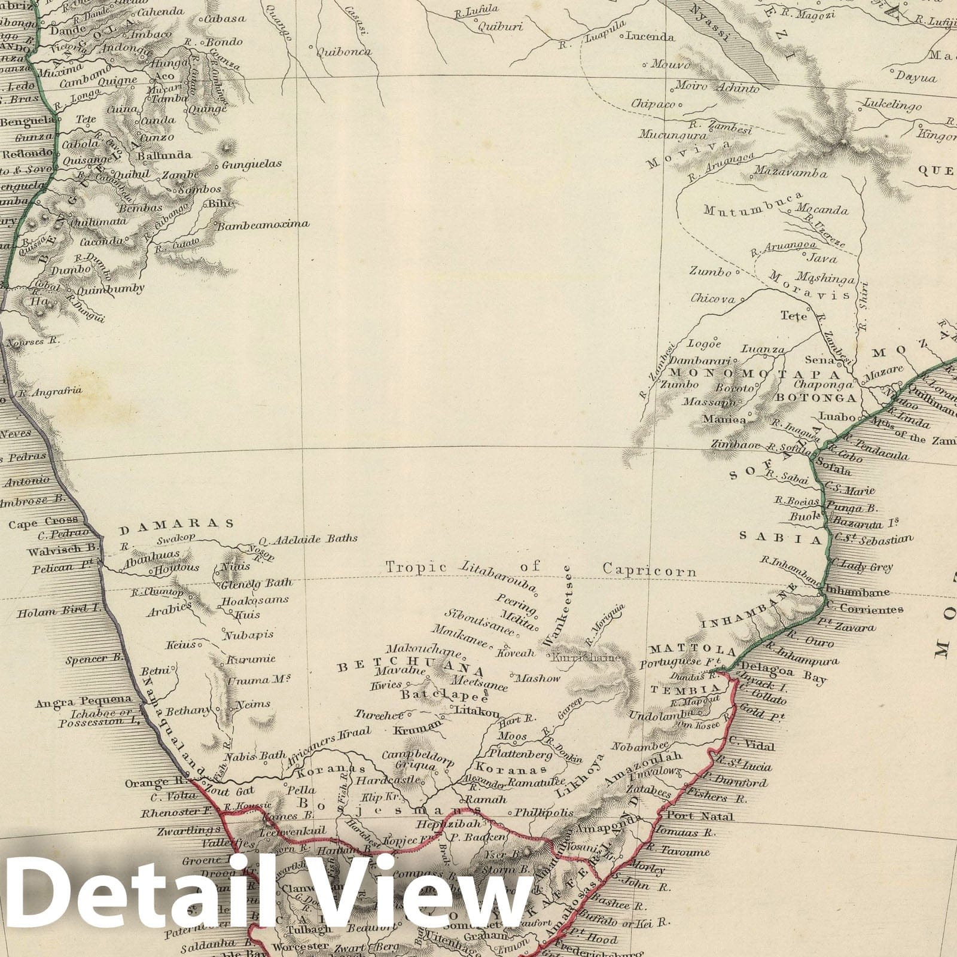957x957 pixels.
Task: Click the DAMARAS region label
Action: click(176, 524)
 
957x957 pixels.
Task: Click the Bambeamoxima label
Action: click(263, 225)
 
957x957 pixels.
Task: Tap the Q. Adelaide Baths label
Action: click(309, 538)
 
